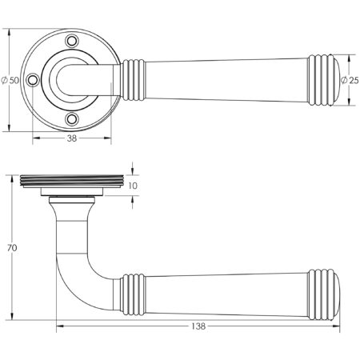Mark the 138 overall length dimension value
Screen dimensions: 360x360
(198, 326)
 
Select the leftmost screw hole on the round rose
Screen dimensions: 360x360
(33, 80)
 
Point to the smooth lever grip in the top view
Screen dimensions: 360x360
(216, 80)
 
